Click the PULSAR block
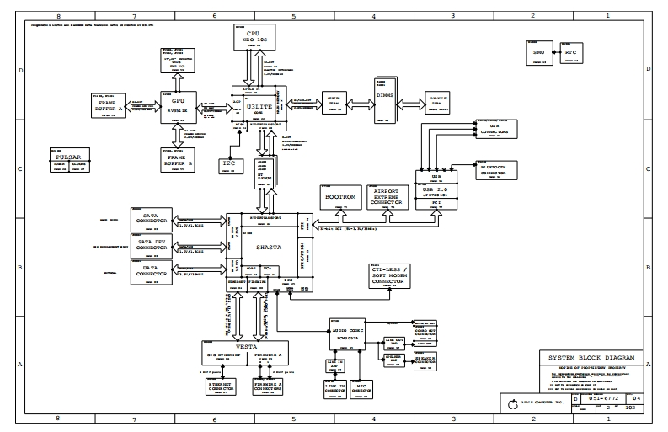click(67, 160)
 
